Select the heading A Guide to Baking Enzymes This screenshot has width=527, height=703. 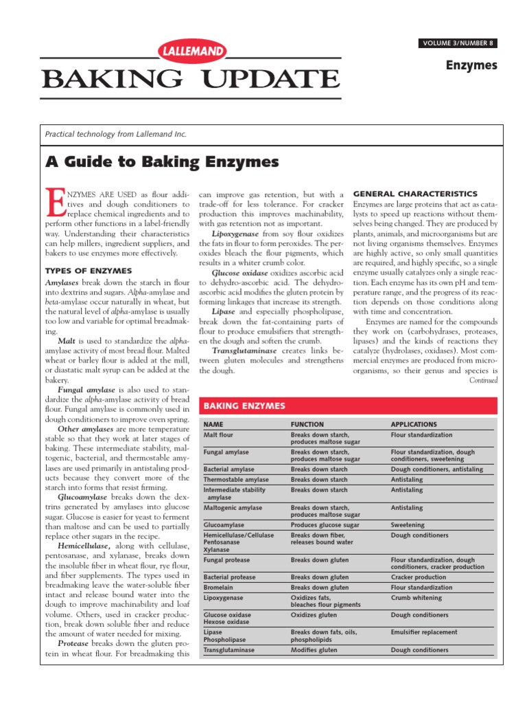pos(162,162)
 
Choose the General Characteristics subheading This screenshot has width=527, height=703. pos(414,194)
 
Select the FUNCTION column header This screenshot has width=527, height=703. pos(307,424)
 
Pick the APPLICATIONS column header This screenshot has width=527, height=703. pos(413,424)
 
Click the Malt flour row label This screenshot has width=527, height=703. pos(220,435)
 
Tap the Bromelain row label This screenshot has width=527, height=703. pos(220,588)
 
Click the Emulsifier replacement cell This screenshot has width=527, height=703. pos(424,632)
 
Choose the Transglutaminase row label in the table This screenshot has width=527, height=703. pos(229,649)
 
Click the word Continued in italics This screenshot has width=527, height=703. pos(483,380)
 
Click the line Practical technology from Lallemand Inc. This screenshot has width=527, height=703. pos(115,135)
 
